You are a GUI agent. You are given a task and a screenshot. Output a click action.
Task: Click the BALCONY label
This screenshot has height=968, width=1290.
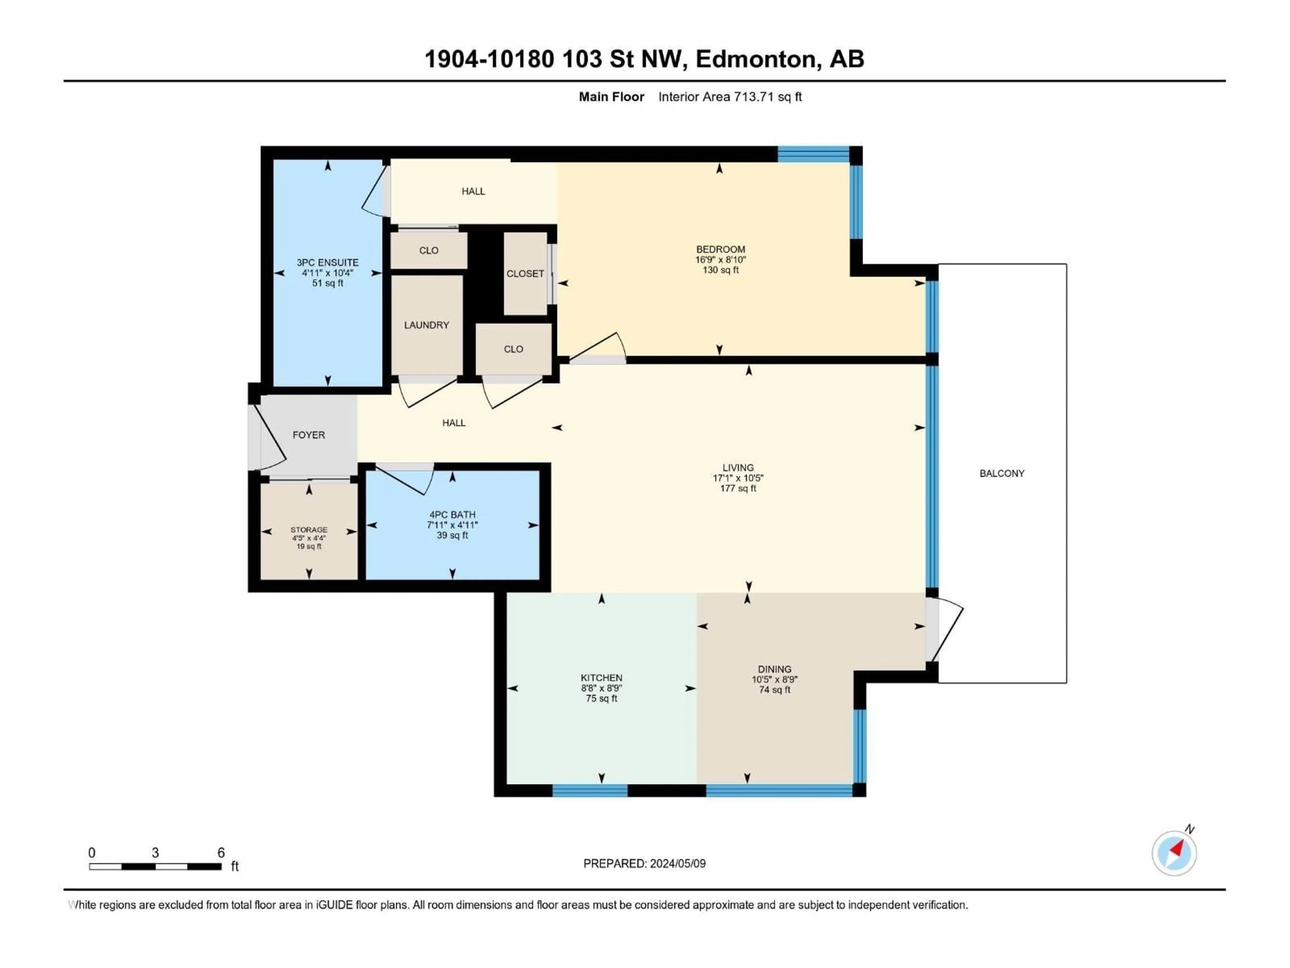coord(1001,473)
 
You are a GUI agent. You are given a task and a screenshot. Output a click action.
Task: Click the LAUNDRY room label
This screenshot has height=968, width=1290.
coord(426,325)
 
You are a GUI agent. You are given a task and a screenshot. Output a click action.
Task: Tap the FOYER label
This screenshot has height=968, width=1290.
coord(308,435)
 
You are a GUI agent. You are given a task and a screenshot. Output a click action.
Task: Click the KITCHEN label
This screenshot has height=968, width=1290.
coord(601,677)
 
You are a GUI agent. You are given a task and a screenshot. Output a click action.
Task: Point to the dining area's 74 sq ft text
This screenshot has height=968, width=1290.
coord(774,690)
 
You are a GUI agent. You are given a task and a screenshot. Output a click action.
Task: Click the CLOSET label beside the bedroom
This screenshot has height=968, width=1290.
coord(525,274)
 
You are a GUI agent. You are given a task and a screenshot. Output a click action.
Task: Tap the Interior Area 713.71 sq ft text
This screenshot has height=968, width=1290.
coord(730,97)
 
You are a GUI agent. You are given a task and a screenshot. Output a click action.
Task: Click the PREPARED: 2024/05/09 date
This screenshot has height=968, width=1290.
coord(644,863)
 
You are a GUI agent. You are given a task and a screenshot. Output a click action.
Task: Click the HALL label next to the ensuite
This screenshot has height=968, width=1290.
coord(473,191)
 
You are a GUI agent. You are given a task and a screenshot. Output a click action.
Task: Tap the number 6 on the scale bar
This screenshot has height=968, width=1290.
coord(221,852)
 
